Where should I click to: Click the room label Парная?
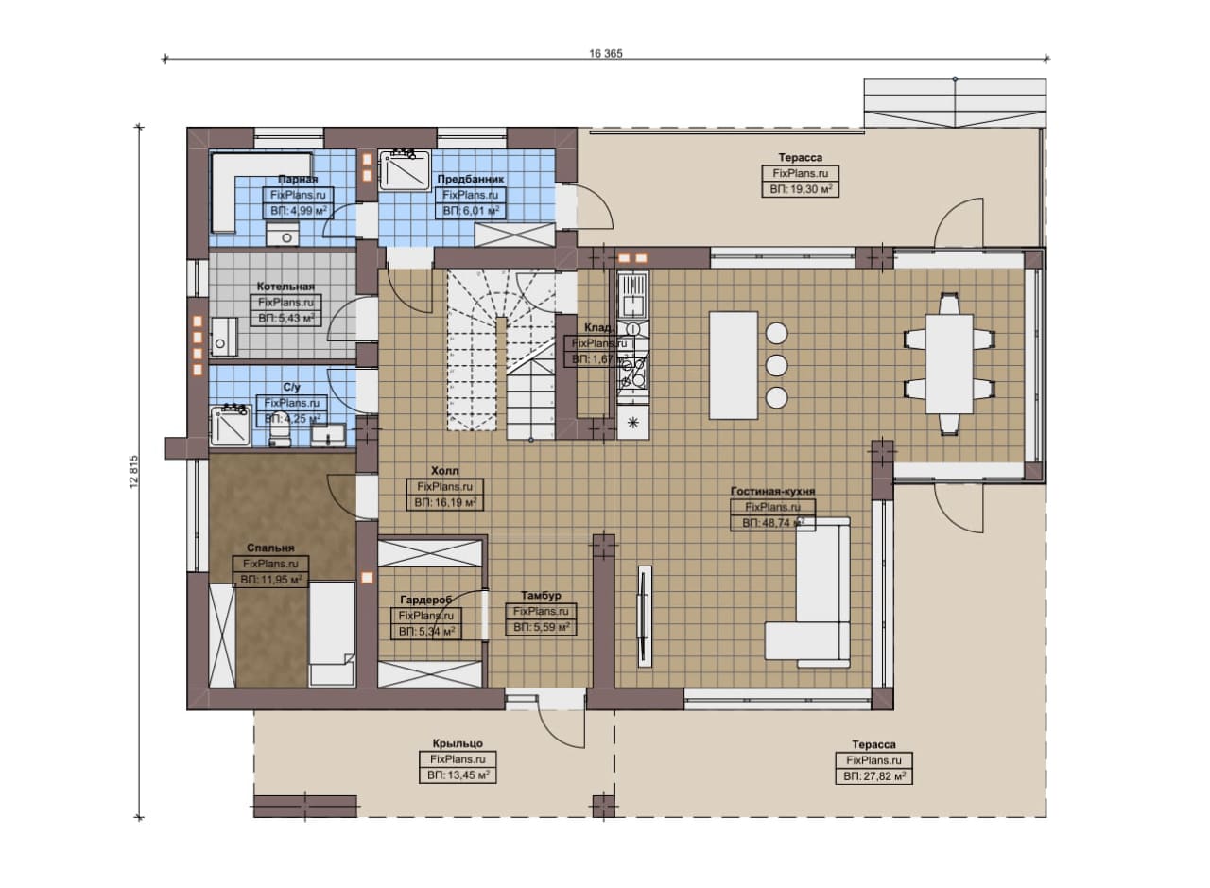pyautogui.click(x=298, y=179)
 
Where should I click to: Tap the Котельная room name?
pyautogui.click(x=285, y=287)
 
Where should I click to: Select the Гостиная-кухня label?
pyautogui.click(x=772, y=492)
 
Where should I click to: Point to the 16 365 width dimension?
pyautogui.click(x=606, y=53)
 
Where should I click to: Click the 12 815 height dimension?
pyautogui.click(x=134, y=471)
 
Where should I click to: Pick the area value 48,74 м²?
pyautogui.click(x=773, y=523)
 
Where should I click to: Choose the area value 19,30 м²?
pyautogui.click(x=801, y=189)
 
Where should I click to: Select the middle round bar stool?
pyautogui.click(x=776, y=365)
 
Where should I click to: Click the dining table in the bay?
pyautogui.click(x=949, y=364)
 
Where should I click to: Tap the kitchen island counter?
pyautogui.click(x=733, y=365)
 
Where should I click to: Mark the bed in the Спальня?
pyautogui.click(x=332, y=635)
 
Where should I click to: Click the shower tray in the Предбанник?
pyautogui.click(x=405, y=171)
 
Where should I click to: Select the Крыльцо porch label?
pyautogui.click(x=458, y=743)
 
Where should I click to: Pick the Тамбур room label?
pyautogui.click(x=541, y=595)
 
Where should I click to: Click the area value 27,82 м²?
pyautogui.click(x=874, y=776)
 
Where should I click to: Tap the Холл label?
pyautogui.click(x=444, y=470)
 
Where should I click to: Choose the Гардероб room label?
pyautogui.click(x=425, y=600)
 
